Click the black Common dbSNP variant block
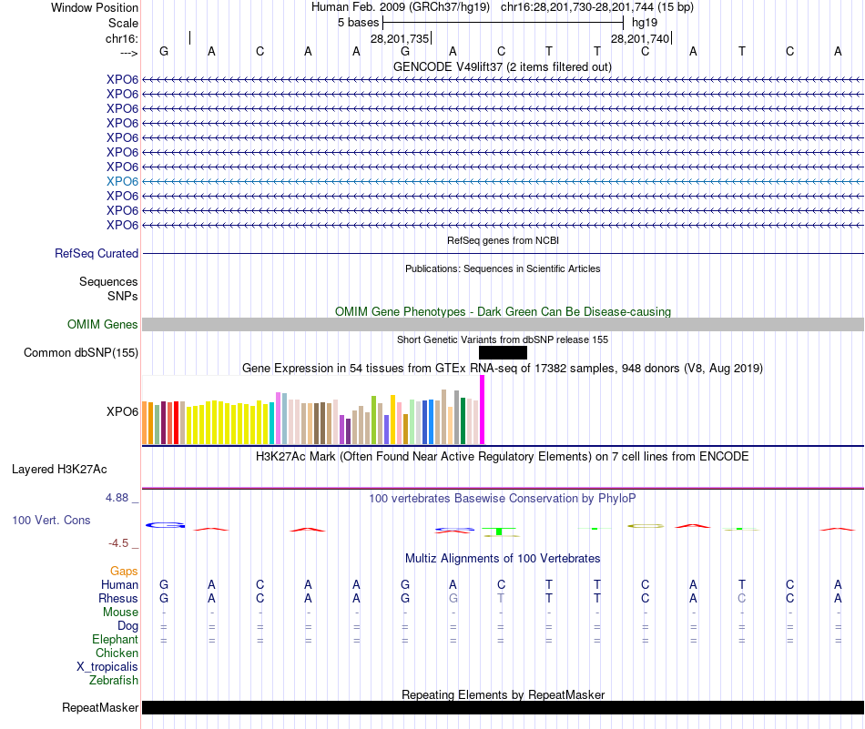pos(503,353)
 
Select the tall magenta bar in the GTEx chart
pos(482,410)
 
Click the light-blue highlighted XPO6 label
pos(122,181)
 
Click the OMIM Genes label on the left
pos(103,325)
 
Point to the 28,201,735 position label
pos(400,38)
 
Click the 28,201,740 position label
pos(640,38)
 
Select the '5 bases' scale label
pos(358,22)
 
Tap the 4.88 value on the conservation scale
pos(118,498)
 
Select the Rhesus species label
pos(118,599)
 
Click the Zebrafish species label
pos(114,680)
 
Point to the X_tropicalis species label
pos(107,666)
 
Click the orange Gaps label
pos(124,571)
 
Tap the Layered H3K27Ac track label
pos(59,470)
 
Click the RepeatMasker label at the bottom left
pos(100,707)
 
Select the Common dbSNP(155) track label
pos(81,353)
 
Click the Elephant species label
pos(115,640)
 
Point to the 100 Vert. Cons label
pos(51,520)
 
